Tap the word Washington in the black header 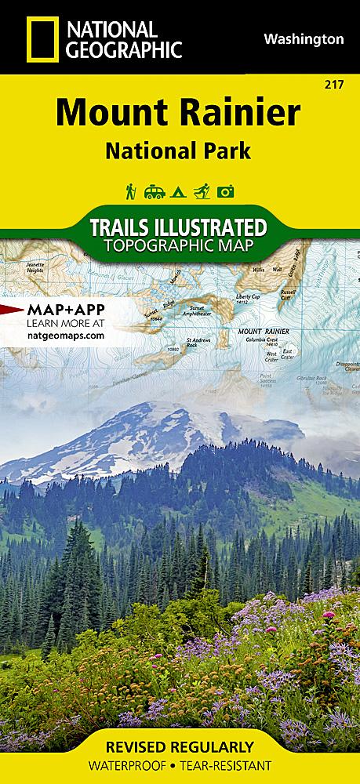(304, 38)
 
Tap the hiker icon (131, 191)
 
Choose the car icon (155, 191)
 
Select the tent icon (179, 191)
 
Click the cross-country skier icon (202, 191)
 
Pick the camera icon (227, 191)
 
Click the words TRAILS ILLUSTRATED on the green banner (178, 228)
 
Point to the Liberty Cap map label (249, 298)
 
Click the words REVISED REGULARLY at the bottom (180, 746)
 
